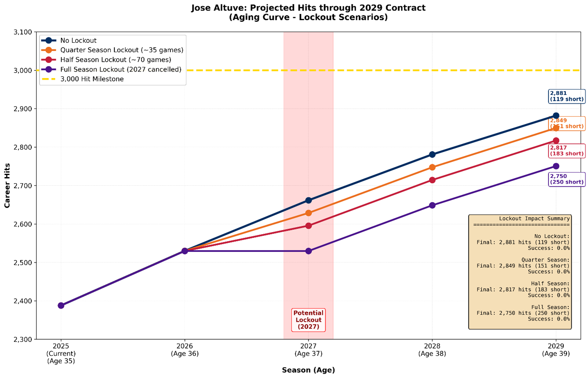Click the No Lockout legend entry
coord(78,41)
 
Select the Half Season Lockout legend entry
coord(116,60)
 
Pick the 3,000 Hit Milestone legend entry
coord(92,79)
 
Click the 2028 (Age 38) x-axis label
coord(432,350)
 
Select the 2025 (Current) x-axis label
coord(61,353)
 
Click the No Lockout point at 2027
coord(308,201)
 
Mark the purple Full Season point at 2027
coord(308,251)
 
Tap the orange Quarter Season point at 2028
coord(432,167)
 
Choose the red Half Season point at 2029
coord(556,141)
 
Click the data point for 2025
coord(61,306)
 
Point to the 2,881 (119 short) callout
coord(566,96)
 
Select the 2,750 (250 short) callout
coord(566,179)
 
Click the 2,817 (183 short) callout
coord(566,151)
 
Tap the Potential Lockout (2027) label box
coord(308,320)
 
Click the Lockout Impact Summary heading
coord(534,219)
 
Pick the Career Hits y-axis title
coord(7,185)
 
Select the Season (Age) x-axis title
coord(308,370)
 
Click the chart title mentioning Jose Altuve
coord(308,12)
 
